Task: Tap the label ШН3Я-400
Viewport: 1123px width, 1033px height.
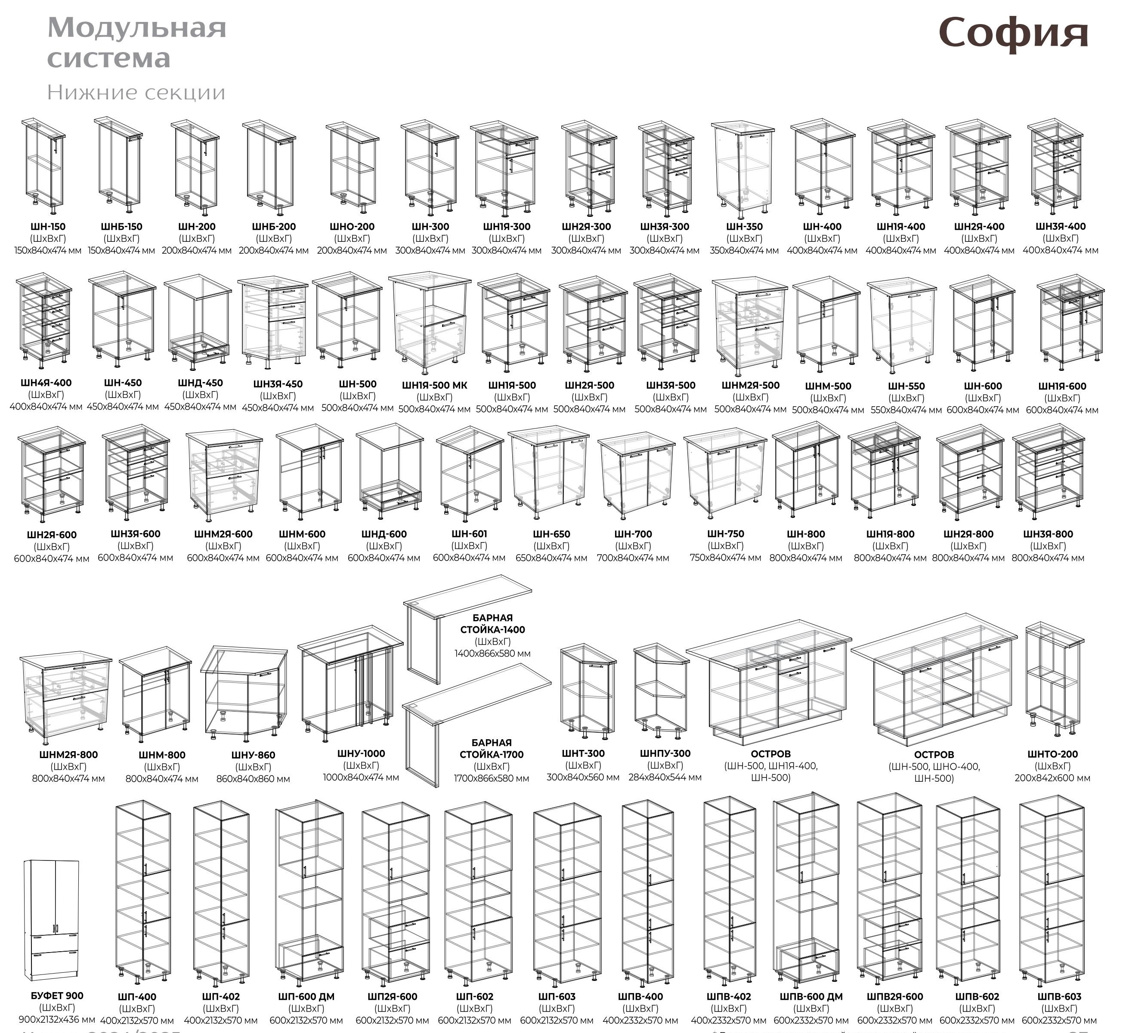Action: pyautogui.click(x=1060, y=226)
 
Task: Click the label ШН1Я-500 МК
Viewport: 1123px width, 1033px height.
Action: pyautogui.click(x=435, y=385)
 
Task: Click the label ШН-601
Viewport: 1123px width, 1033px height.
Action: pyautogui.click(x=469, y=534)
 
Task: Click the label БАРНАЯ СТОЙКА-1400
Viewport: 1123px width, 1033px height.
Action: pyautogui.click(x=492, y=624)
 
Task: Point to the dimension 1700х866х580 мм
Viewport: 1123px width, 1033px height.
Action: pyautogui.click(x=491, y=778)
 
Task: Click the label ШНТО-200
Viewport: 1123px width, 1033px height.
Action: pyautogui.click(x=1052, y=754)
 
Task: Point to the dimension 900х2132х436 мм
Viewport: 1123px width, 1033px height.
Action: pyautogui.click(x=56, y=1020)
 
